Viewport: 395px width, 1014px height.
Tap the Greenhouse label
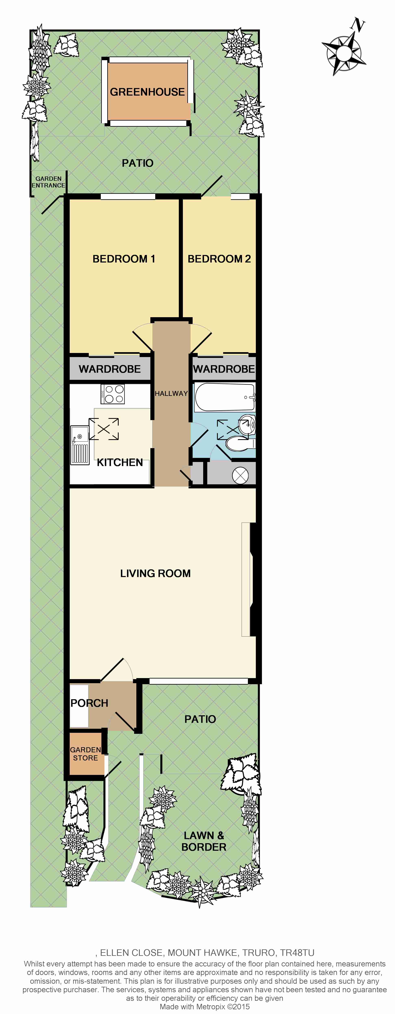[x=147, y=92]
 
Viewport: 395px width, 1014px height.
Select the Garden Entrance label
[x=48, y=182]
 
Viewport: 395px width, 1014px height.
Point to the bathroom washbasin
[x=248, y=424]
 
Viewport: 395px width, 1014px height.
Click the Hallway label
[x=171, y=393]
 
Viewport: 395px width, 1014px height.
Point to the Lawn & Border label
[x=204, y=841]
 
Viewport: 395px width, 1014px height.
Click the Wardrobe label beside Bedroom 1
[x=110, y=369]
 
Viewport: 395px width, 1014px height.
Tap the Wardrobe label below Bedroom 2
[x=224, y=369]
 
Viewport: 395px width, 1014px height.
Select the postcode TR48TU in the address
[x=297, y=953]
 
